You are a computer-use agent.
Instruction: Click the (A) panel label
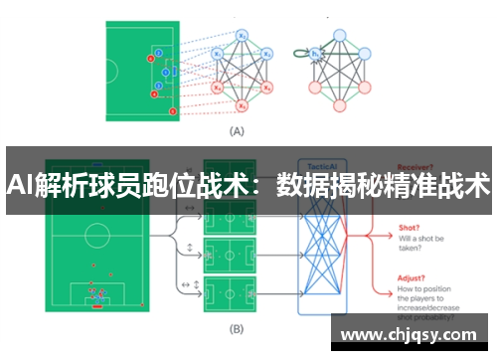238,130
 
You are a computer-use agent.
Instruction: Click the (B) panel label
238,327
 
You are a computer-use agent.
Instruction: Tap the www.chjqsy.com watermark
412,334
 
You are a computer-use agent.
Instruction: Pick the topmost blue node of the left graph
242,35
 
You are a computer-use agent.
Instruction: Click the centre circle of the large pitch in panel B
96,236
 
